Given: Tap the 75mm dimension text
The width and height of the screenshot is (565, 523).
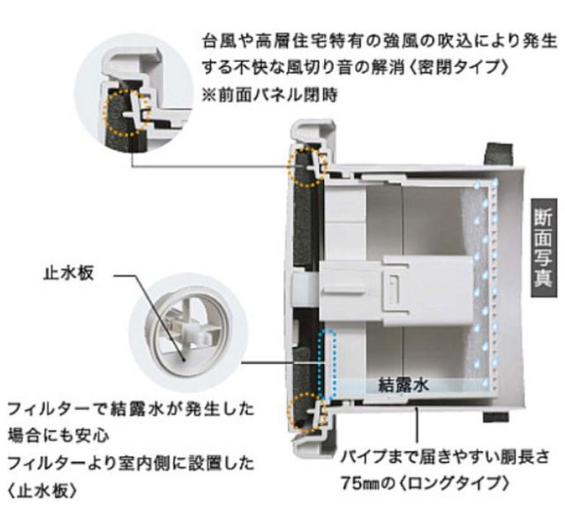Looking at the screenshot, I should point(363,485).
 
